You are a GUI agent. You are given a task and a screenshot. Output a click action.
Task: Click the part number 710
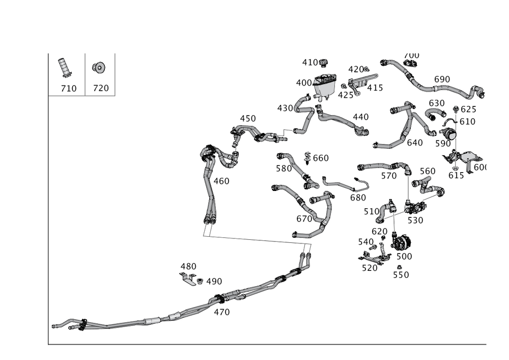tap(69, 89)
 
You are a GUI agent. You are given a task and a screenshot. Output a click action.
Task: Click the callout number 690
tap(442, 79)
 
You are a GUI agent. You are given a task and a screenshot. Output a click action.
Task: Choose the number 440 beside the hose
tap(360, 117)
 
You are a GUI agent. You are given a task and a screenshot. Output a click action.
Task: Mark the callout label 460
tap(221, 181)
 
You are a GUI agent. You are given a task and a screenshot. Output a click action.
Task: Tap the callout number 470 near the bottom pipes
tap(221, 312)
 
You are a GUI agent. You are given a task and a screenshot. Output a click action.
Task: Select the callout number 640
tap(415, 143)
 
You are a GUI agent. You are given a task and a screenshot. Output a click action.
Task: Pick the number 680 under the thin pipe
tap(358, 198)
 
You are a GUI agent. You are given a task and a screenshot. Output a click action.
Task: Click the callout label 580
tap(283, 168)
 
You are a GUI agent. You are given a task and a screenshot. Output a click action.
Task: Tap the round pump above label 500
tap(402, 241)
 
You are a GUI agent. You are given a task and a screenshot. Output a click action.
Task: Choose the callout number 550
tap(401, 274)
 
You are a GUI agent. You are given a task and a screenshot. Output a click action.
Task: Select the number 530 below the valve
tap(415, 220)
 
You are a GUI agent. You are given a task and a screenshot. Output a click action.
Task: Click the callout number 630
tap(436, 103)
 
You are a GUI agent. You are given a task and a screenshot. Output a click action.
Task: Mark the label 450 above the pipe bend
tap(247, 119)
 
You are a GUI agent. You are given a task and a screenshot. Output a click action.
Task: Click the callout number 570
tap(388, 176)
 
